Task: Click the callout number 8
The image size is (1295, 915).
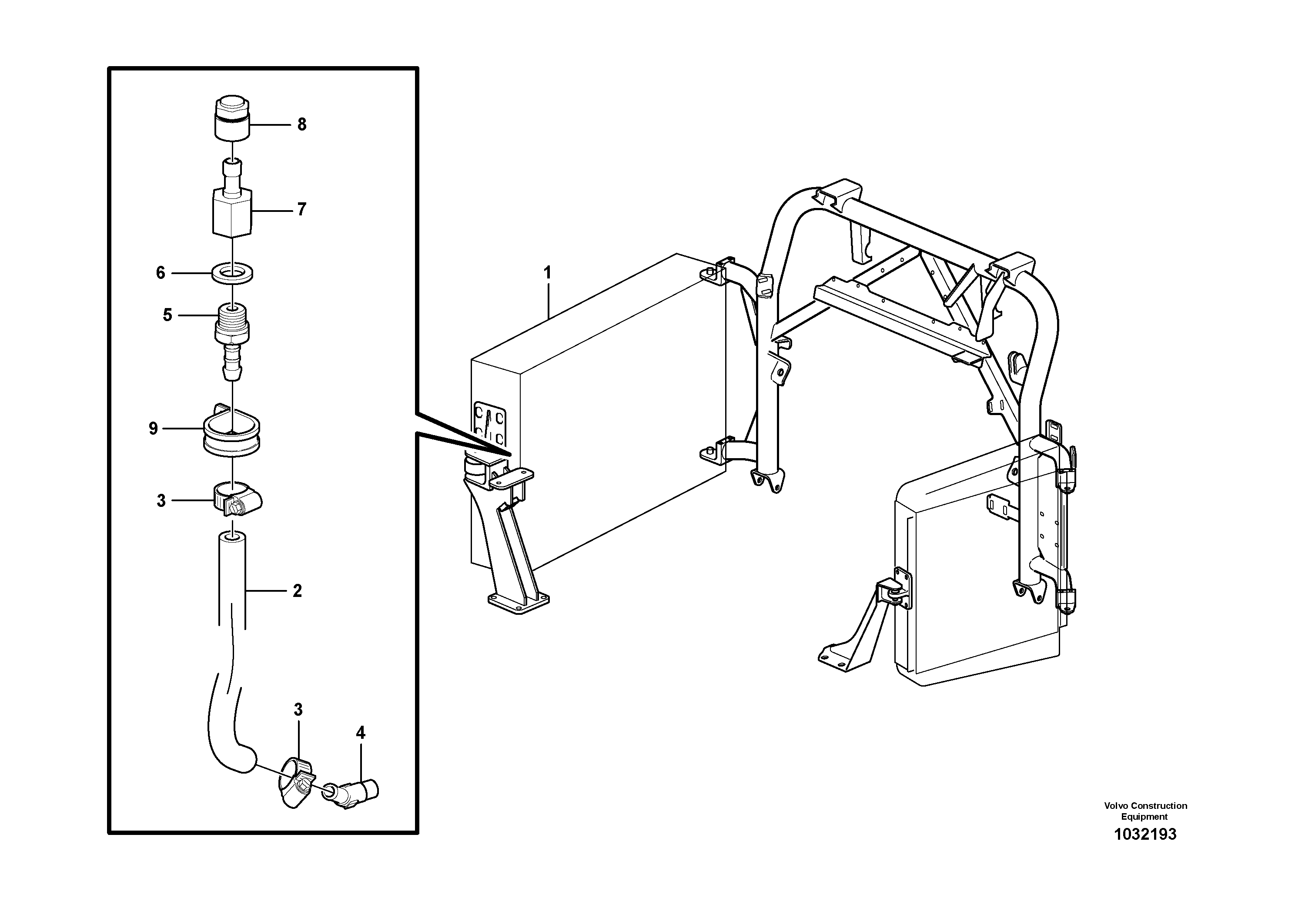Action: tap(302, 125)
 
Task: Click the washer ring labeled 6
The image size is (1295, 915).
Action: tap(232, 274)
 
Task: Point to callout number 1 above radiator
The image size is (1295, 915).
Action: tap(547, 273)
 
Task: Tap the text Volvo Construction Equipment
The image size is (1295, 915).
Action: tap(1145, 811)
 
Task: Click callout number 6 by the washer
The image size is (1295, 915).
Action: tap(161, 273)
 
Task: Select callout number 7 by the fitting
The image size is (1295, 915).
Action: tap(302, 210)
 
